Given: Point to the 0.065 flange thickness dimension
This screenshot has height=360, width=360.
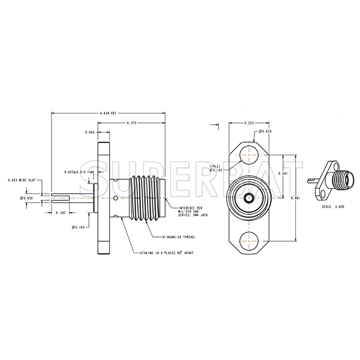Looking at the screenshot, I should (x=90, y=132).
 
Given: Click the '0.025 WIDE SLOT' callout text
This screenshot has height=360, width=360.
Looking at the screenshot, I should (x=23, y=180).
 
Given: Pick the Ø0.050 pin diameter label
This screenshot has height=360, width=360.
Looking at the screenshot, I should (x=28, y=197).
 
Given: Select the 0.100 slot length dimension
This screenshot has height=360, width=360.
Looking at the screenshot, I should (x=60, y=212).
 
